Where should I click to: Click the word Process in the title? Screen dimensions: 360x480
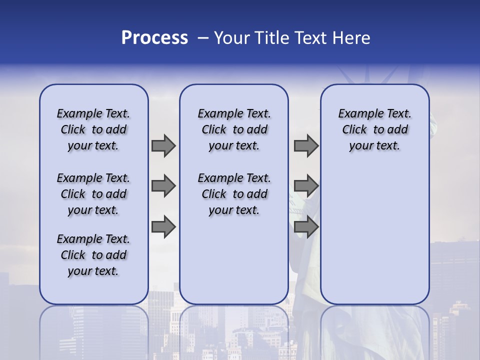pos(154,38)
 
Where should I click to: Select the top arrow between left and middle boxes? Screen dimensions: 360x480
pos(163,145)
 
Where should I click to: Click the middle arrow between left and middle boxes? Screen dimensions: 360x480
pos(163,186)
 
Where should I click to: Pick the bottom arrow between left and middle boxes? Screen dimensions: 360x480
pos(163,227)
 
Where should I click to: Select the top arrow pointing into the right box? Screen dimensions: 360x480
pos(306,145)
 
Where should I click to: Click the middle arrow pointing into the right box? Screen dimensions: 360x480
pos(306,186)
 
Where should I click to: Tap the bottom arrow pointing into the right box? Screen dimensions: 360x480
pos(306,227)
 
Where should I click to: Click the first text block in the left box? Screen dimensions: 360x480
pos(93,129)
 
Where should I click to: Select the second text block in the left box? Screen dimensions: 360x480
pos(93,194)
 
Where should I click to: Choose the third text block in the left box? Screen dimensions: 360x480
pos(93,255)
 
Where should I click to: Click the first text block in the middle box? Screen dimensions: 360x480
pos(234,129)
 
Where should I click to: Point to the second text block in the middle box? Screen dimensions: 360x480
pos(234,194)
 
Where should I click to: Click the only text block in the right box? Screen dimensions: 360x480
pos(374,129)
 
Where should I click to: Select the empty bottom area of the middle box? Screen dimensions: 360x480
pos(234,265)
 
